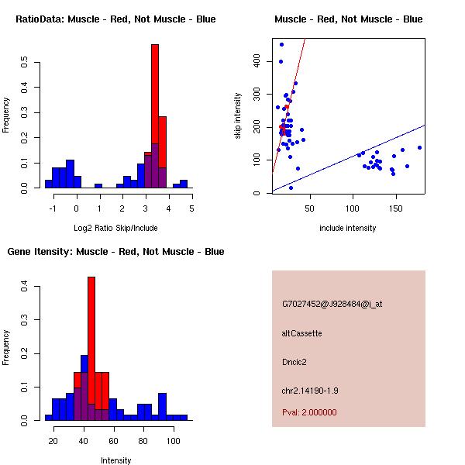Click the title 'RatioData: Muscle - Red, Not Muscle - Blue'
point(115,19)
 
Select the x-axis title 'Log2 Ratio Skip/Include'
point(115,228)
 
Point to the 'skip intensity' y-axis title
point(238,116)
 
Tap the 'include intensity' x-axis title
point(347,228)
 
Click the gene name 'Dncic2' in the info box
point(294,362)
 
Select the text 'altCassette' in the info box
point(301,333)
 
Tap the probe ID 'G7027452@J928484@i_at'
point(332,304)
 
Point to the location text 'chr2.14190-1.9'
point(310,390)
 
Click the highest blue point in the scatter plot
point(281,44)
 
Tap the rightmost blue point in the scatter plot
point(419,147)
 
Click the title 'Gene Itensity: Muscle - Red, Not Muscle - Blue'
point(115,252)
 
